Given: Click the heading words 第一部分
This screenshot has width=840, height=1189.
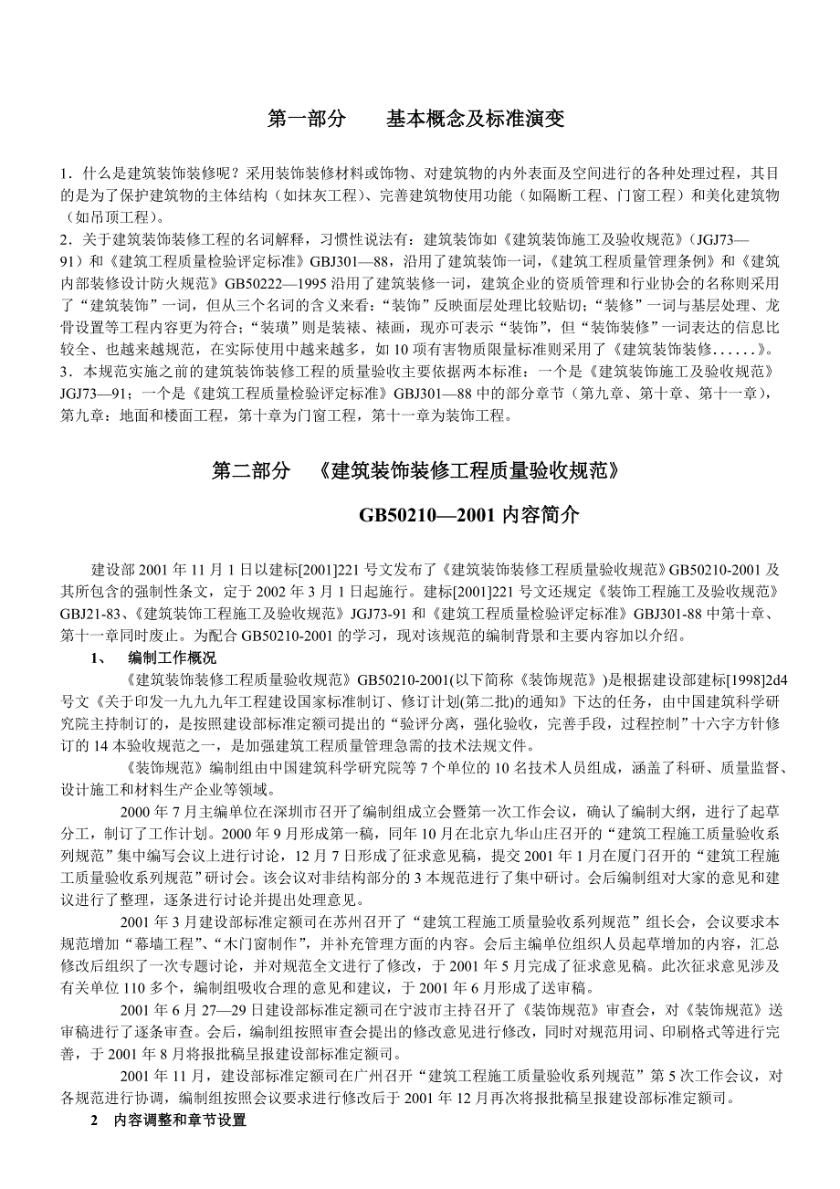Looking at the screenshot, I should pyautogui.click(x=306, y=120).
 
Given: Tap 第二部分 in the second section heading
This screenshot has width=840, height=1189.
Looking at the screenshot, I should pyautogui.click(x=251, y=471).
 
